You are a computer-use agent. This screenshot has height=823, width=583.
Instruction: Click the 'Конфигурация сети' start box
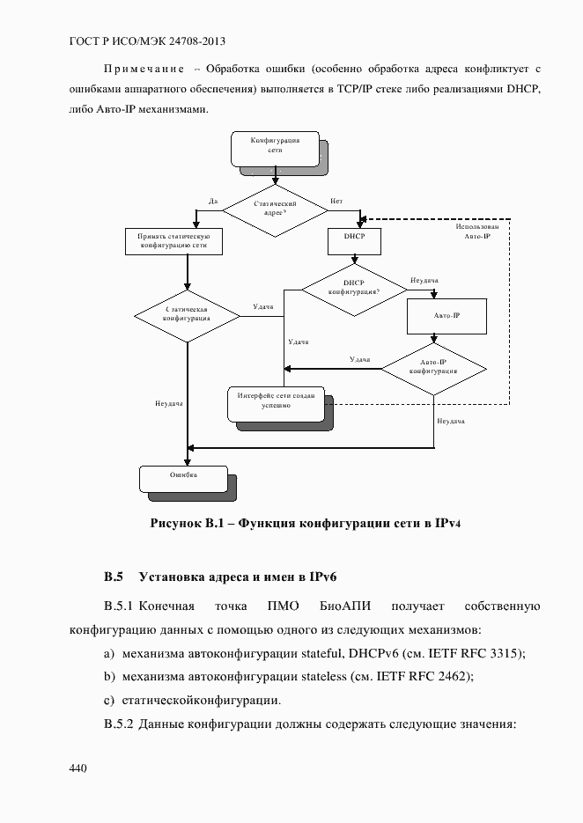click(x=274, y=147)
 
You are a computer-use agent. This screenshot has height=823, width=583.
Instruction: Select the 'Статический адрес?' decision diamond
click(x=274, y=209)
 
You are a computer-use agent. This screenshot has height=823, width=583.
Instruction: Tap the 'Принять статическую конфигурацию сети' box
click(x=173, y=242)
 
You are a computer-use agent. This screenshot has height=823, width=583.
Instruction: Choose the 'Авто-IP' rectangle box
click(x=446, y=315)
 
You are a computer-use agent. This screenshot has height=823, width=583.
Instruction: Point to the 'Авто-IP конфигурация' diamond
click(x=433, y=367)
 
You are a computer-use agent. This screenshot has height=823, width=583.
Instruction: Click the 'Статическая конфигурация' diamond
click(x=187, y=315)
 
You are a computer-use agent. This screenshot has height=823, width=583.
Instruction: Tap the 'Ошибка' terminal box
click(x=183, y=476)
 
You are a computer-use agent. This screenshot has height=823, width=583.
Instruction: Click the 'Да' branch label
click(x=213, y=202)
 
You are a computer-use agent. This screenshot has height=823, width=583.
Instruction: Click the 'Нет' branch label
click(x=336, y=202)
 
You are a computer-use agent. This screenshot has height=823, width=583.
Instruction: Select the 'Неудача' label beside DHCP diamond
click(x=424, y=281)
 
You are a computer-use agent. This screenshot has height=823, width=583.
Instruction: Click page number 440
click(x=77, y=768)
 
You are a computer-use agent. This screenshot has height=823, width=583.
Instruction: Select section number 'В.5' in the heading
click(x=113, y=577)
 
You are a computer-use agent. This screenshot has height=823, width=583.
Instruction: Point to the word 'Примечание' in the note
click(x=144, y=69)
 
